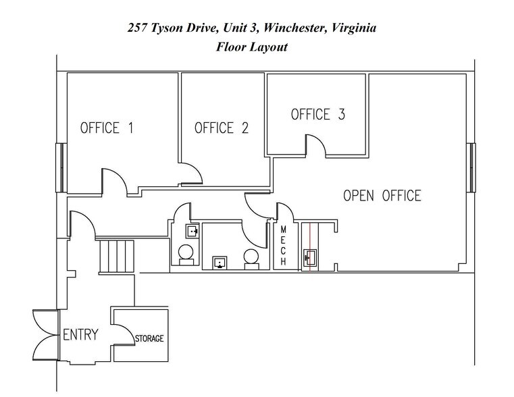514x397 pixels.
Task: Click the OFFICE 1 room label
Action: point(107,128)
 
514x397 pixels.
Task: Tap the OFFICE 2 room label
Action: point(222,128)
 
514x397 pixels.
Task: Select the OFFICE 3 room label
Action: point(317,114)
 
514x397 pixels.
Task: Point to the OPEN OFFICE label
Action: point(382,196)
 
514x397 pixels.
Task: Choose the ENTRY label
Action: point(80,335)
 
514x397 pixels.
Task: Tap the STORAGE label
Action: point(149,338)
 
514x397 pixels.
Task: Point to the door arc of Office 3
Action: point(317,146)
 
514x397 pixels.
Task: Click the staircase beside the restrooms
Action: point(118,255)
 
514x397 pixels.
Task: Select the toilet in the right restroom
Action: point(251,257)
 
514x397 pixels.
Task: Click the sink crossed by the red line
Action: point(311,257)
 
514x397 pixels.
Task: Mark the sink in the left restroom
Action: point(192,232)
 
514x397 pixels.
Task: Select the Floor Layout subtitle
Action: point(253,47)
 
